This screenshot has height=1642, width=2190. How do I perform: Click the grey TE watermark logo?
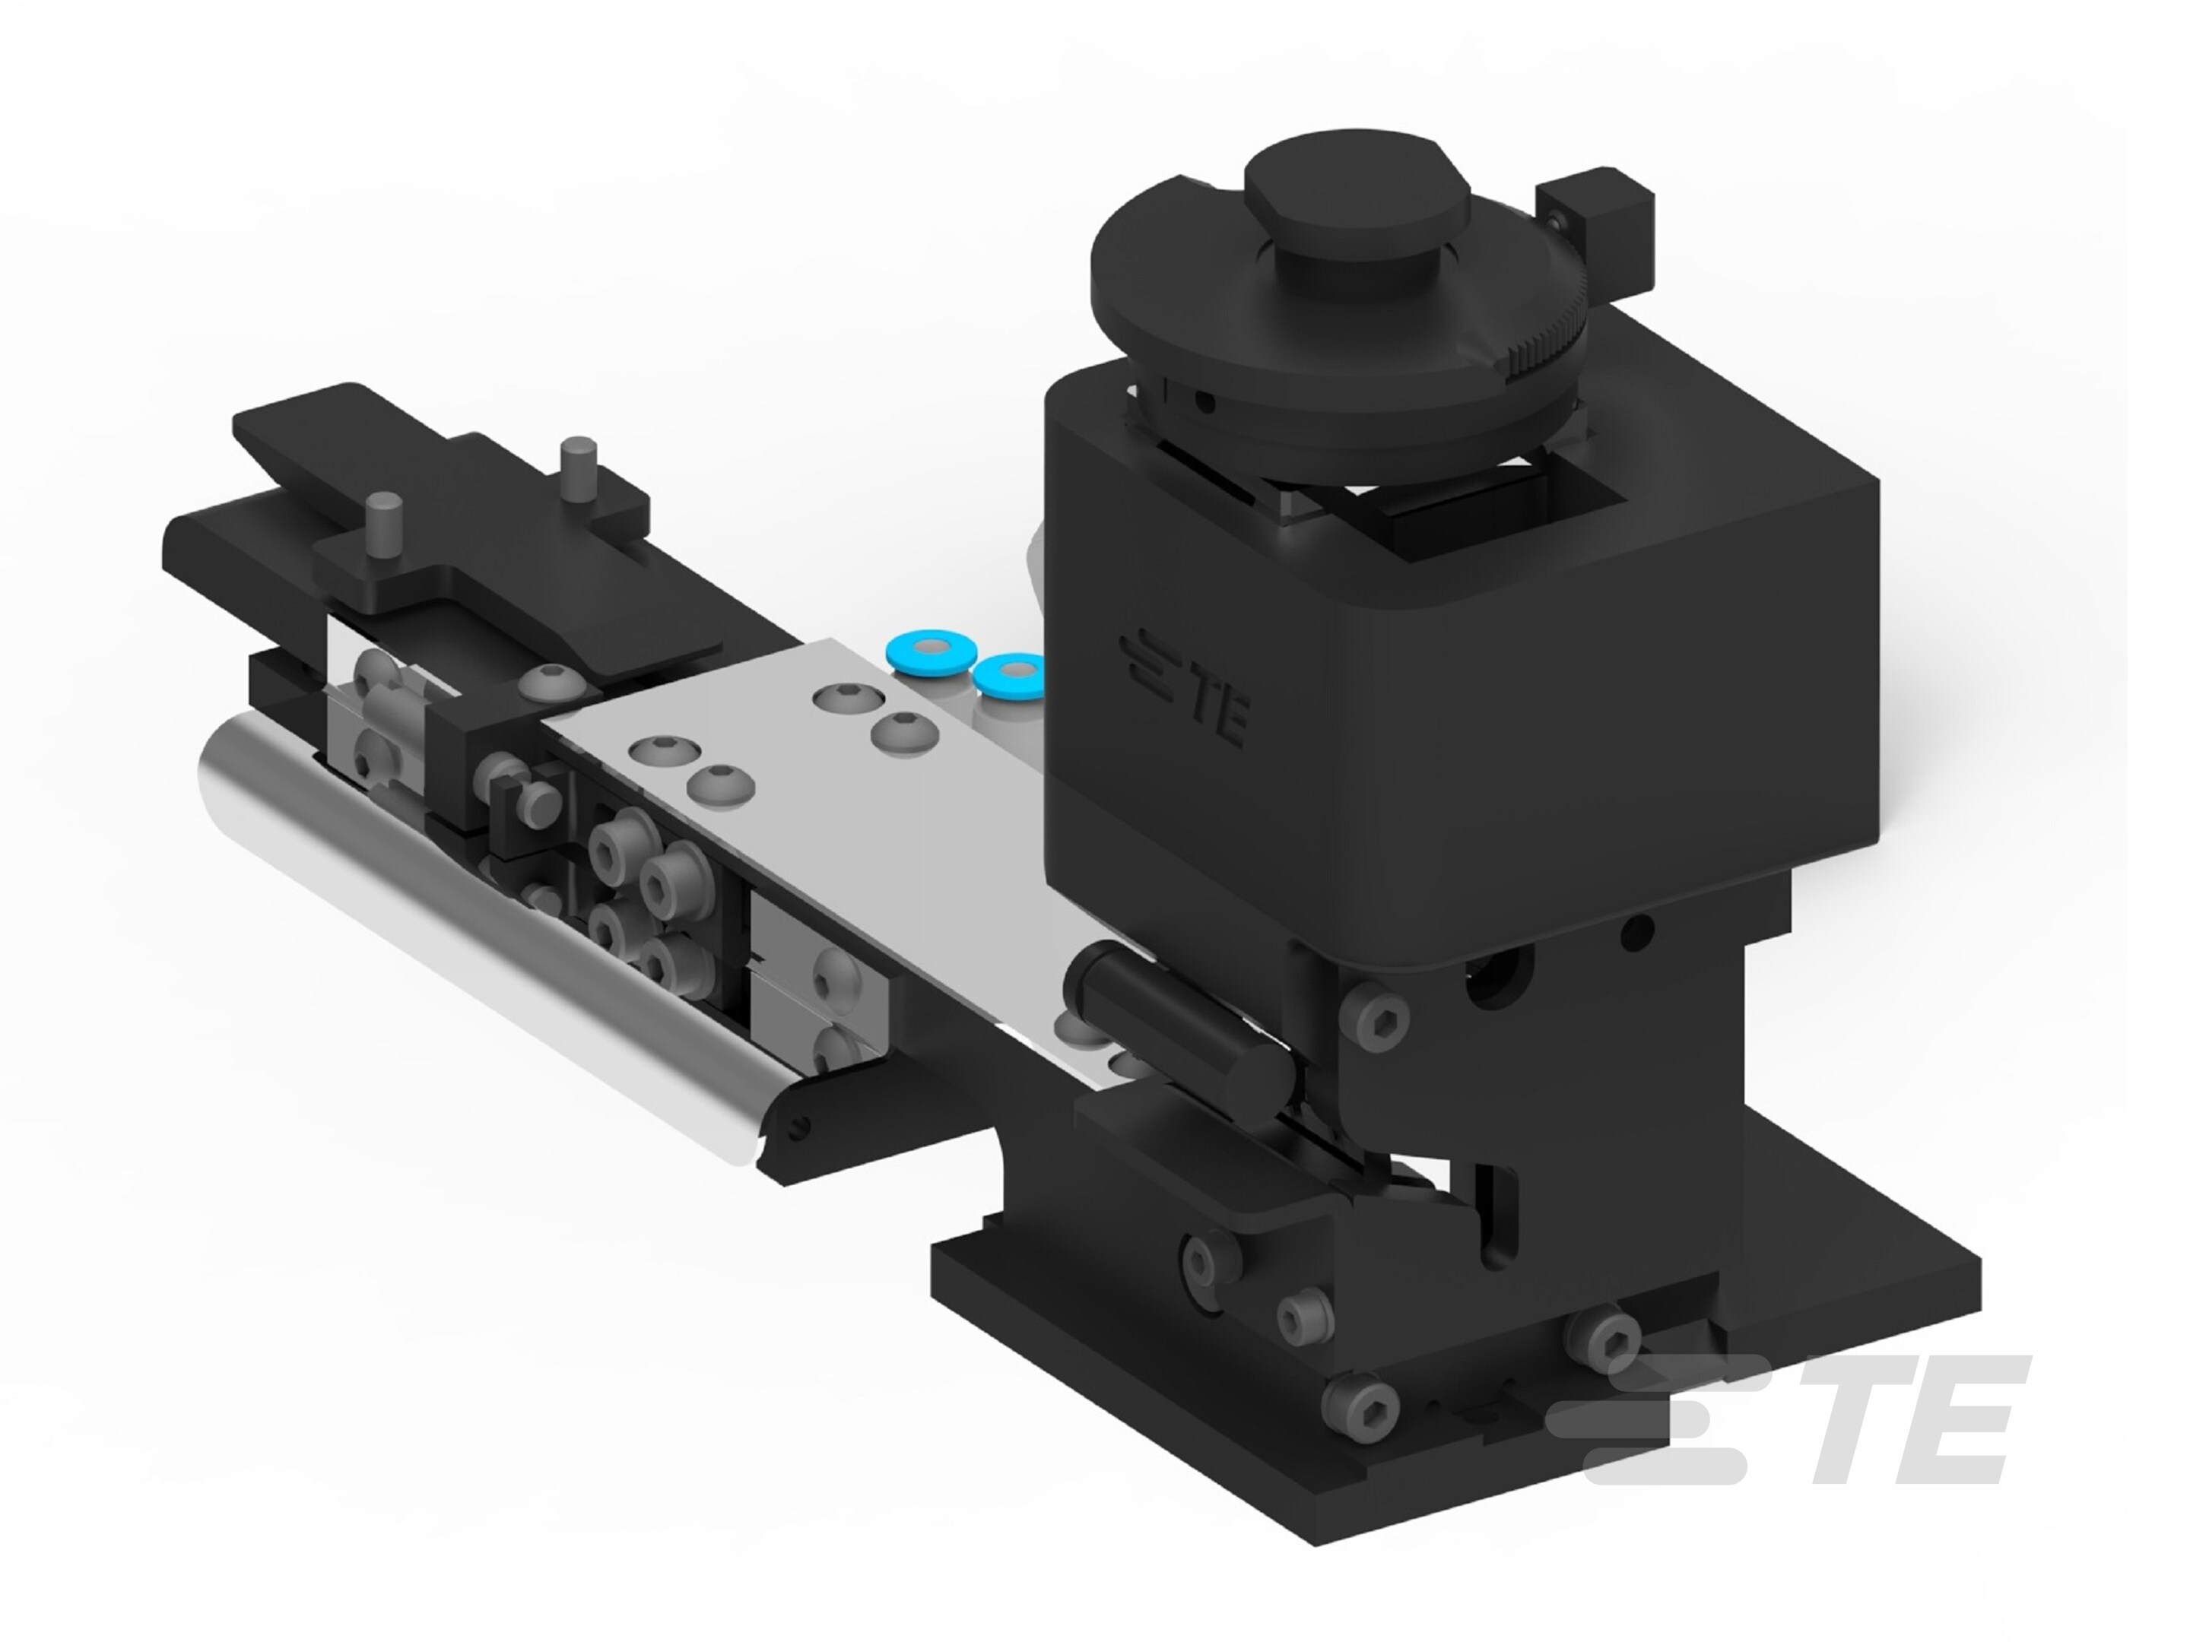tap(1782, 1425)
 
